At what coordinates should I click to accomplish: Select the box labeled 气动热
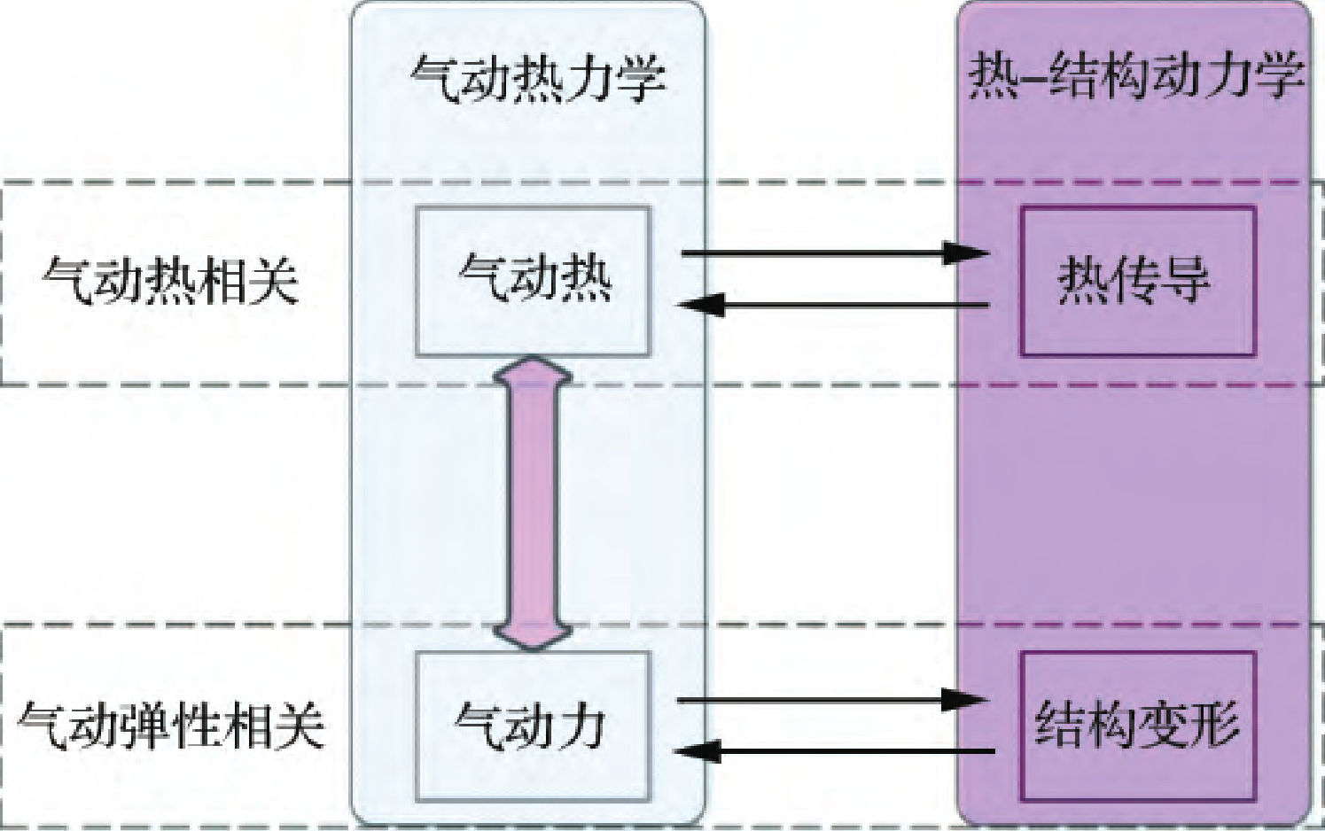[533, 281]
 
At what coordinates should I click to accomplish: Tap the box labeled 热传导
[1137, 281]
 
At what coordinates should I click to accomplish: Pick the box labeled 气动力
[533, 726]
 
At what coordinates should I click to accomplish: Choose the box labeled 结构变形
[1137, 726]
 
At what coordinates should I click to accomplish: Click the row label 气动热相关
[170, 281]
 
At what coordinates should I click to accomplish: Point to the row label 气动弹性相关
[170, 726]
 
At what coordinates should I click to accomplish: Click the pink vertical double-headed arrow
[533, 503]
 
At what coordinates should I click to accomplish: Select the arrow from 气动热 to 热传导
[833, 253]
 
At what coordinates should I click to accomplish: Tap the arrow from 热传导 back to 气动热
[833, 307]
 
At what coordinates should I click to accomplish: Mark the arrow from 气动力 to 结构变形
[833, 700]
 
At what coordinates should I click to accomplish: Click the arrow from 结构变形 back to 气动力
[833, 752]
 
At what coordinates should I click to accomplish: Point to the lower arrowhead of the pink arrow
[533, 634]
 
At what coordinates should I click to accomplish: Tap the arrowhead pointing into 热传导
[966, 253]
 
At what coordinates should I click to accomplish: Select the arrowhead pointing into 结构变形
[966, 700]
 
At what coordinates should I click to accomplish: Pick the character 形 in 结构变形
[1213, 726]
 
